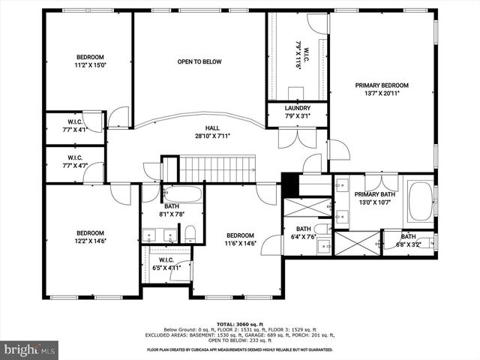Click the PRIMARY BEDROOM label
(x=382, y=89)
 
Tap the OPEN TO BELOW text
(x=199, y=61)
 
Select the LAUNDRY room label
(x=297, y=112)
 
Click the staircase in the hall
(x=217, y=169)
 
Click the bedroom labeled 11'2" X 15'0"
(x=90, y=61)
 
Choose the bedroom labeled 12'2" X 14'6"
(x=90, y=237)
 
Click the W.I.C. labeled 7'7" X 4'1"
(x=74, y=125)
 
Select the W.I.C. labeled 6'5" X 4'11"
(x=166, y=263)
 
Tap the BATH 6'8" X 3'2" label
(x=409, y=240)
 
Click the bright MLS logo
(x=30, y=349)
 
